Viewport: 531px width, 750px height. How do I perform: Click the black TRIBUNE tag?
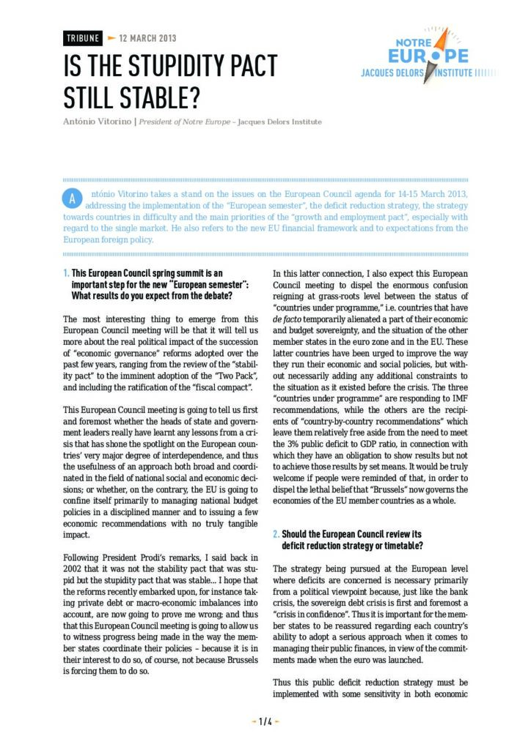click(x=83, y=38)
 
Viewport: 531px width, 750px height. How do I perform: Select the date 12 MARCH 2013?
click(x=147, y=38)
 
